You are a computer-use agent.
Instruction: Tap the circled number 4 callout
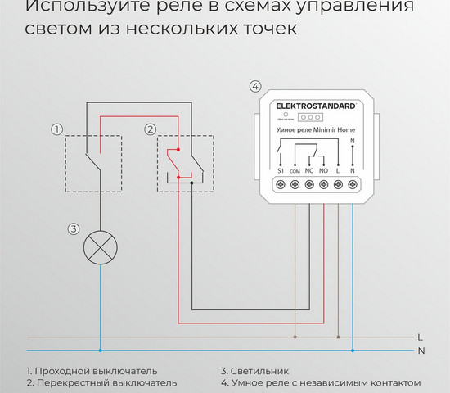(x=254, y=87)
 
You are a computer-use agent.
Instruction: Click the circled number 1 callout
(x=56, y=129)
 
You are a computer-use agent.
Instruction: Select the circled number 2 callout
(x=150, y=129)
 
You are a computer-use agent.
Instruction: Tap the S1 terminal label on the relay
(x=280, y=169)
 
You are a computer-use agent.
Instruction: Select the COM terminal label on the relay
(x=294, y=169)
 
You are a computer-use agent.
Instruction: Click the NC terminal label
(x=308, y=169)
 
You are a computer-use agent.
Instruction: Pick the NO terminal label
(x=323, y=169)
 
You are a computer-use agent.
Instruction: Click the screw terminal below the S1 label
(x=280, y=185)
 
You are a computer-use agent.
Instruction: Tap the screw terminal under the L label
(x=338, y=185)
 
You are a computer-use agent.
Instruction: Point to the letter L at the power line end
(x=419, y=337)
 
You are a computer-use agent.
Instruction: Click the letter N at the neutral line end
(x=420, y=350)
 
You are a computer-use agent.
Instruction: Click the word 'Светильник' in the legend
(x=260, y=371)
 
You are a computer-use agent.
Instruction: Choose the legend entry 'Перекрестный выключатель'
(x=106, y=382)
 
